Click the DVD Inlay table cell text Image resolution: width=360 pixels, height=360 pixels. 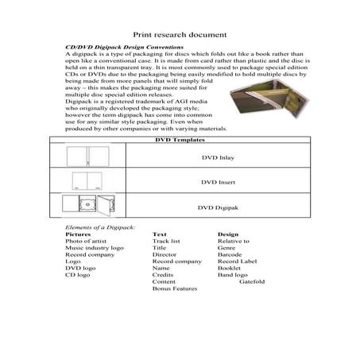(x=218, y=157)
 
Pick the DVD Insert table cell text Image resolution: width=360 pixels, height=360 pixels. (x=218, y=182)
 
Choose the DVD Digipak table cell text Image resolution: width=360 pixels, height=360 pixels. (x=218, y=207)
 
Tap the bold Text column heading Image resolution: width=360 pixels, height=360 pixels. (x=159, y=235)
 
